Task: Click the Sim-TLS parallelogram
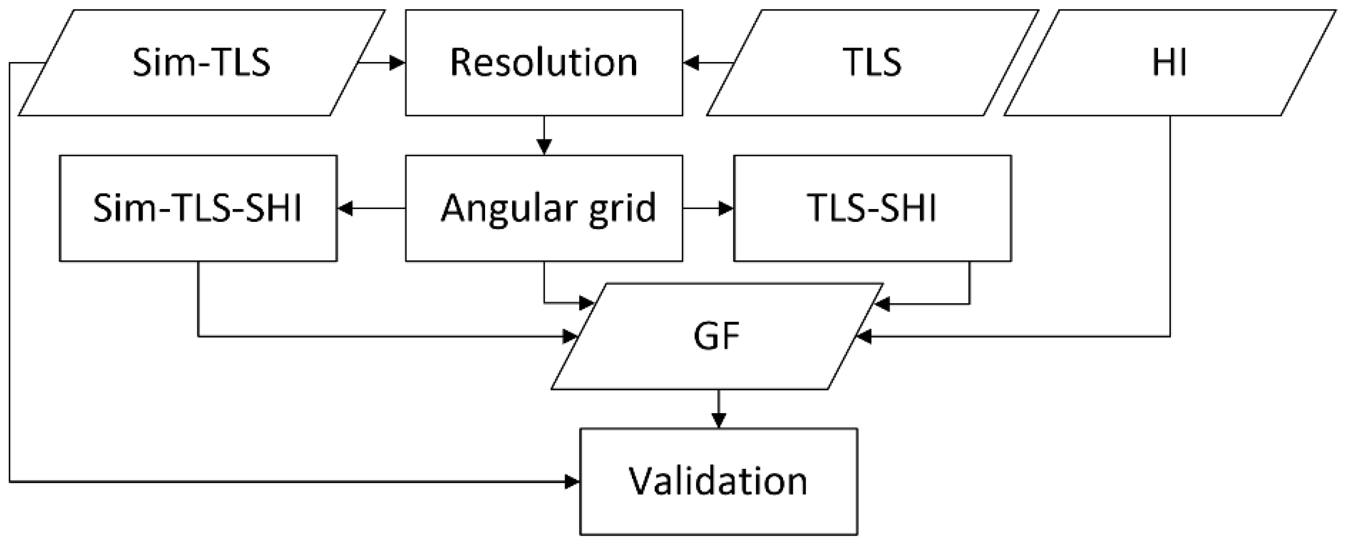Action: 201,63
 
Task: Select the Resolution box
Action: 544,63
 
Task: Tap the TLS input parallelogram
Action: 872,63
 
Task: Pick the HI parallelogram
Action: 1169,63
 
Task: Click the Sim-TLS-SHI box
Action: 198,208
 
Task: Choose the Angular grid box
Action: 544,208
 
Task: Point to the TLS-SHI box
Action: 872,208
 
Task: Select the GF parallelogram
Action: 716,336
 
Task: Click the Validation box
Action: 718,482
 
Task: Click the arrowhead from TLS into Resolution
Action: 691,63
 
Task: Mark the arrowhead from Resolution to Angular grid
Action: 544,147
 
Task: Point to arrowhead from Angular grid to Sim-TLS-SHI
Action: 346,208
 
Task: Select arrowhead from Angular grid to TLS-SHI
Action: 726,208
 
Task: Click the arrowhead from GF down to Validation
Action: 718,420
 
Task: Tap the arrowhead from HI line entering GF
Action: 864,337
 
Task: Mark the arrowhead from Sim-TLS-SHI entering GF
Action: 570,337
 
